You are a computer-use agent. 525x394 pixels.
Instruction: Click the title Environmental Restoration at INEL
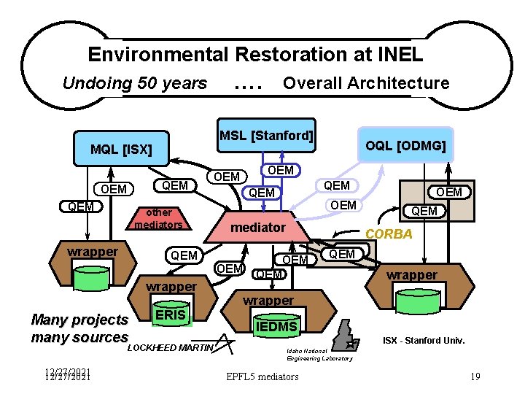tap(254, 55)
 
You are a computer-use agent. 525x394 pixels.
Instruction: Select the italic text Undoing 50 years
tap(135, 83)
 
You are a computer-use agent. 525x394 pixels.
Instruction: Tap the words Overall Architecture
tap(366, 83)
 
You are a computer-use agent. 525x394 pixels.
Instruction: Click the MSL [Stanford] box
tap(267, 136)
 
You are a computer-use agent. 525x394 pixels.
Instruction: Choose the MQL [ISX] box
tap(121, 150)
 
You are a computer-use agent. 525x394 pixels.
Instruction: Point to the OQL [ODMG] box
tap(405, 146)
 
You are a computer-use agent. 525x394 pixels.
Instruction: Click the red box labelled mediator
tap(258, 228)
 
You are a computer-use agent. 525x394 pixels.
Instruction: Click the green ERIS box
tap(171, 314)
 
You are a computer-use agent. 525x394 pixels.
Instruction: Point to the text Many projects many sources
tap(79, 328)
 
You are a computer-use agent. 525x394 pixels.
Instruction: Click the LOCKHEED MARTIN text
tap(169, 348)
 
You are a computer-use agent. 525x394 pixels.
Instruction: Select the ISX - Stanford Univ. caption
tap(424, 341)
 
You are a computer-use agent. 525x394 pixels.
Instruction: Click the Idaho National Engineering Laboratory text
tap(319, 355)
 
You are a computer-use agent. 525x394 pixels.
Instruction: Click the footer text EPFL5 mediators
tap(262, 376)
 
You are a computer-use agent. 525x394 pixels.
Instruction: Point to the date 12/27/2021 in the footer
tap(67, 376)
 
